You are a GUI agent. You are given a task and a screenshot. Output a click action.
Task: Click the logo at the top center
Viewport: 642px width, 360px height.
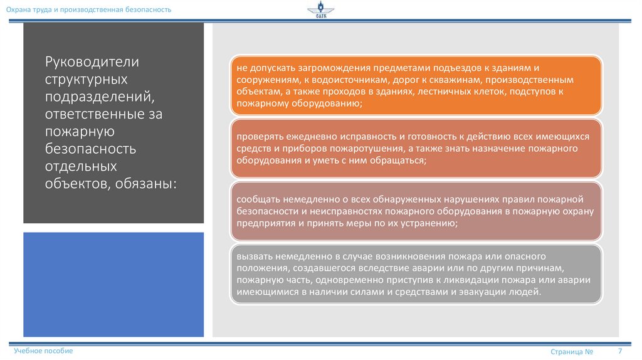tap(321, 11)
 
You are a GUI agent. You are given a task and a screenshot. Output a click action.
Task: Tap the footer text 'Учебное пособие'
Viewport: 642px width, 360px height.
tap(44, 351)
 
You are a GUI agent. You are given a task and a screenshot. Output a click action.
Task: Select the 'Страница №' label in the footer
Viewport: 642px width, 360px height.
tap(572, 352)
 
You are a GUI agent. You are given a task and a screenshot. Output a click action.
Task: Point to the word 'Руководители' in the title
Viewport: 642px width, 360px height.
tap(92, 63)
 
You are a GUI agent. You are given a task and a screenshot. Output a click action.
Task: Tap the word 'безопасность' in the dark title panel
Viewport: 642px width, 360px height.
tap(90, 149)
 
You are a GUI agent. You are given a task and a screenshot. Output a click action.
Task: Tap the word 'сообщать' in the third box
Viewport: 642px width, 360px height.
tap(256, 199)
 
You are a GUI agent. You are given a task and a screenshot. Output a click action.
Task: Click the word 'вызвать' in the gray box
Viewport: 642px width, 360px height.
tap(253, 257)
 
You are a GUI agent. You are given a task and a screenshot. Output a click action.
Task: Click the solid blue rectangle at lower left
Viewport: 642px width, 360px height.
tap(113, 284)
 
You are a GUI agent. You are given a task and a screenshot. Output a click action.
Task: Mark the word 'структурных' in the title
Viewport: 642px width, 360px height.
tap(86, 80)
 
